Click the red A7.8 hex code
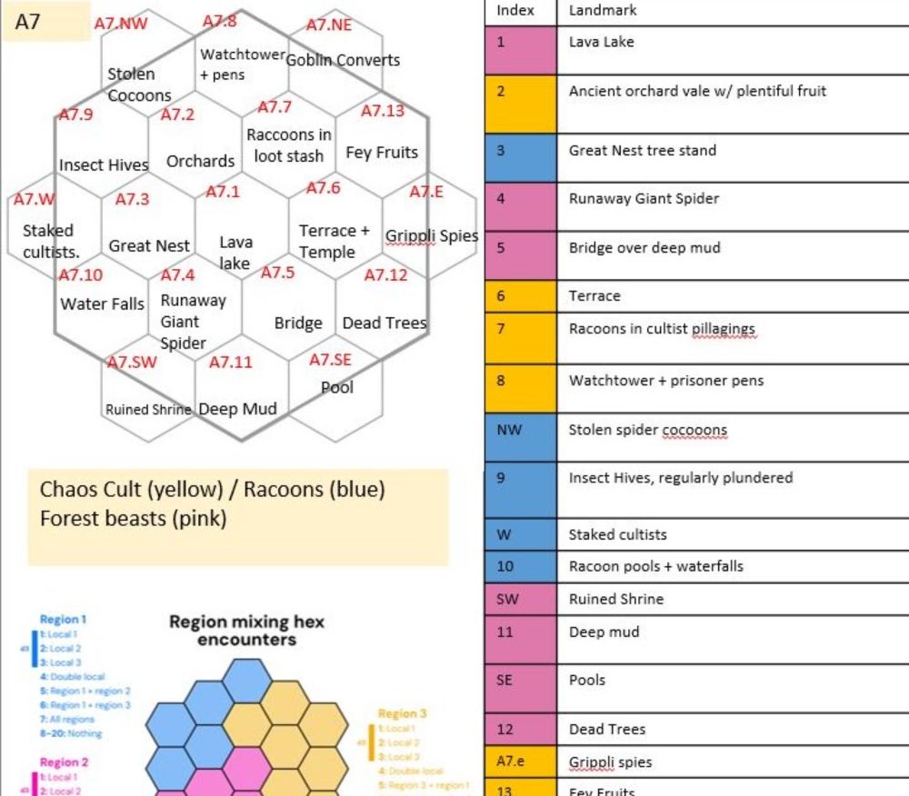219,21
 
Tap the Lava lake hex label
235,253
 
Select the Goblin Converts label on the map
343,60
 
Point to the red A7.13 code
382,111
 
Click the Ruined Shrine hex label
148,410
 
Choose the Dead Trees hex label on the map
384,323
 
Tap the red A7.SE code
329,360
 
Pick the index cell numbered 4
501,199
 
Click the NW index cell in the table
510,430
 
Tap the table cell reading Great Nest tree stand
643,151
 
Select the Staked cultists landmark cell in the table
617,534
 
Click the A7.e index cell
509,762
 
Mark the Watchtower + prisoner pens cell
666,381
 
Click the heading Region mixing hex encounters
246,631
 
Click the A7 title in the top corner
28,22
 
